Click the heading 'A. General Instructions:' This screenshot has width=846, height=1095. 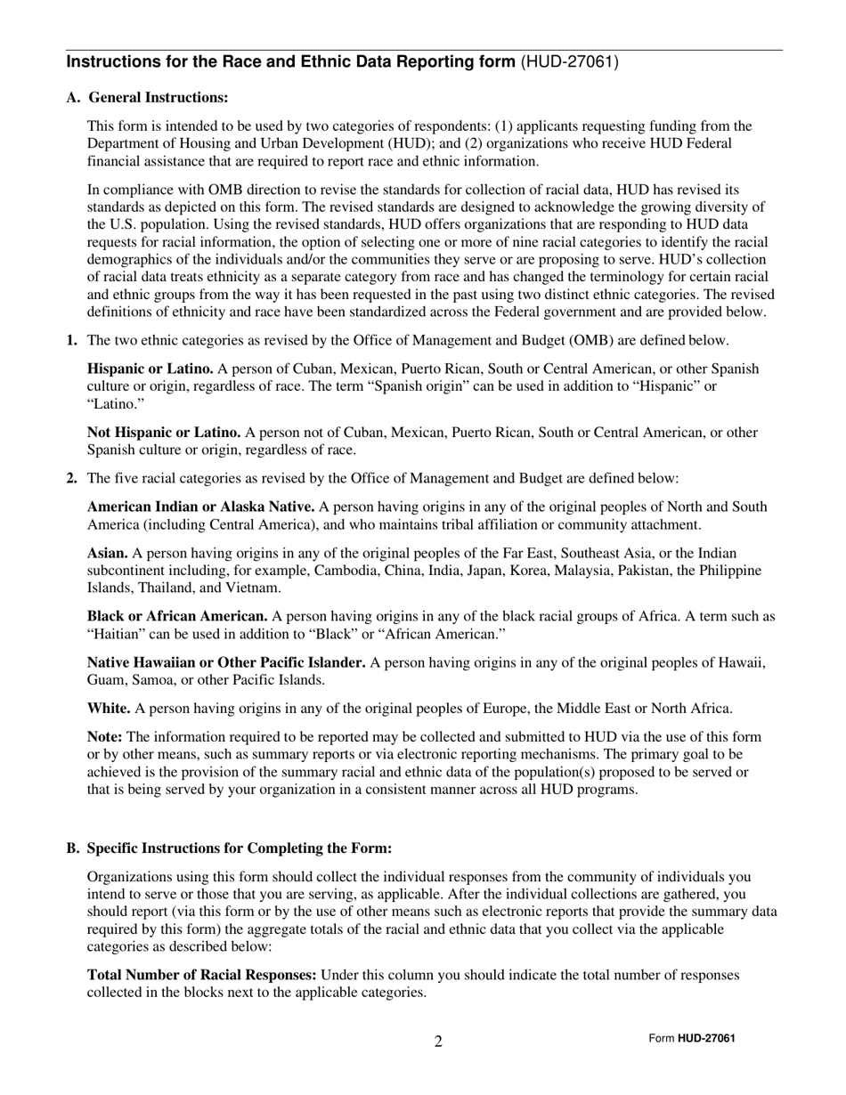tap(147, 97)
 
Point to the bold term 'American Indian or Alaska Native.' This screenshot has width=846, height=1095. tap(200, 507)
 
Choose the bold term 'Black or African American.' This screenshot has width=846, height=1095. tap(177, 616)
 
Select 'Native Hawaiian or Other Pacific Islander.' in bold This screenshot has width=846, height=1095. tap(226, 662)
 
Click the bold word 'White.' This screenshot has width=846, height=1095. tap(109, 709)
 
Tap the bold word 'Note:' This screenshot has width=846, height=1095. tap(105, 737)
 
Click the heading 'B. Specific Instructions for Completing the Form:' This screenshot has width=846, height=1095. tap(229, 848)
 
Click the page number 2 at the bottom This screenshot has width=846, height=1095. tap(438, 1042)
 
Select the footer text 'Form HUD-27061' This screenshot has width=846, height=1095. tap(692, 1038)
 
